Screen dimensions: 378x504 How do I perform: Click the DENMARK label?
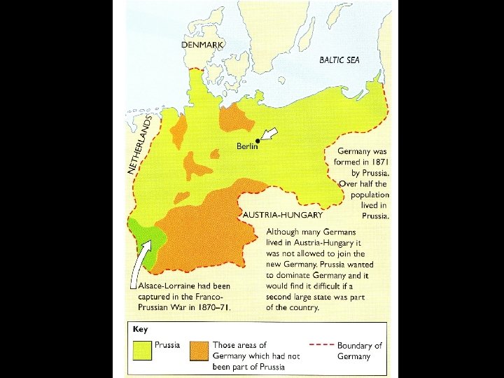[x=202, y=44]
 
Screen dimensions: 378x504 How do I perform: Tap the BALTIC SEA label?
[x=339, y=60]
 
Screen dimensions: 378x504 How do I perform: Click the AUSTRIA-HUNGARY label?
[x=283, y=215]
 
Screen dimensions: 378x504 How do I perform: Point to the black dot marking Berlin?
[x=258, y=140]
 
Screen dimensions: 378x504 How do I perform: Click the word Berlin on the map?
[x=247, y=146]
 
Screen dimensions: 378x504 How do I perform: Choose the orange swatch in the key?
[x=199, y=350]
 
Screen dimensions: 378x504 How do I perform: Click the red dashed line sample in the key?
[x=320, y=345]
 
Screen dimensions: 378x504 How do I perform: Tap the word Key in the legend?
[x=140, y=329]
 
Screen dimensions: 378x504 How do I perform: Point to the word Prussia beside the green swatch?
[x=167, y=345]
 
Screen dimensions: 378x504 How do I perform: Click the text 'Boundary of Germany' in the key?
[x=359, y=351]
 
